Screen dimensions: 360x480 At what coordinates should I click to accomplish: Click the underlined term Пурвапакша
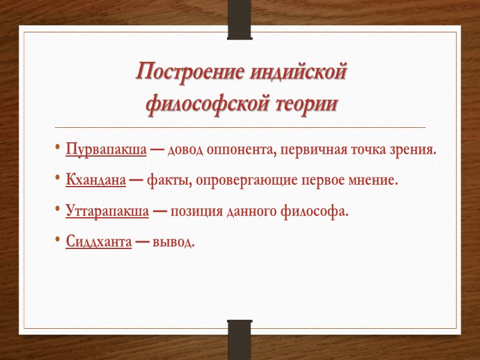[x=106, y=149]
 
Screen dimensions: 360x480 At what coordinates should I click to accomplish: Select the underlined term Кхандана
[x=96, y=180]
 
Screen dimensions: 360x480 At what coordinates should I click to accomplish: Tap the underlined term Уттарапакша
[x=107, y=211]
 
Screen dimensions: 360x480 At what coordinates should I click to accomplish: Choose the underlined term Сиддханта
[x=98, y=242]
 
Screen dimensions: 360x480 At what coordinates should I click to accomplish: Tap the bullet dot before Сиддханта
[x=56, y=242]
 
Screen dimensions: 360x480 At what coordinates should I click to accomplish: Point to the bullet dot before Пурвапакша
[x=56, y=149]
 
